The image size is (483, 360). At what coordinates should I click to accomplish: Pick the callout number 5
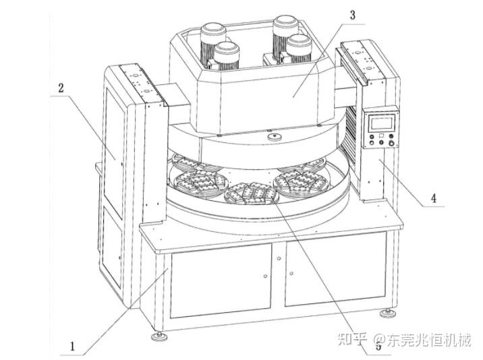378,347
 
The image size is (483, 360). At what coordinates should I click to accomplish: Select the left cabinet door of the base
221,279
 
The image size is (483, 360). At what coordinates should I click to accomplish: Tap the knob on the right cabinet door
291,273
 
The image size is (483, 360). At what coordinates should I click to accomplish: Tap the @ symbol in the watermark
379,340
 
